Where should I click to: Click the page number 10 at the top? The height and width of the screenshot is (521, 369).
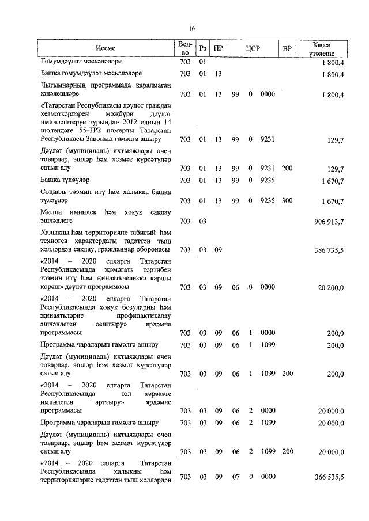pos(192,29)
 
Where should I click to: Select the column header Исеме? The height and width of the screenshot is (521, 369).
pos(106,49)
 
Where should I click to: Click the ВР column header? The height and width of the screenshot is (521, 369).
pos(287,49)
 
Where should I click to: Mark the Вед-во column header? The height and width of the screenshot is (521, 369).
pos(184,49)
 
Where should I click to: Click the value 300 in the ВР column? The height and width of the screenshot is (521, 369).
pos(287,201)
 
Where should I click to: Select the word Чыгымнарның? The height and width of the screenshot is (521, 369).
pos(61,85)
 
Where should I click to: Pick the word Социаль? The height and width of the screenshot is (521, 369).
pos(55,192)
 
